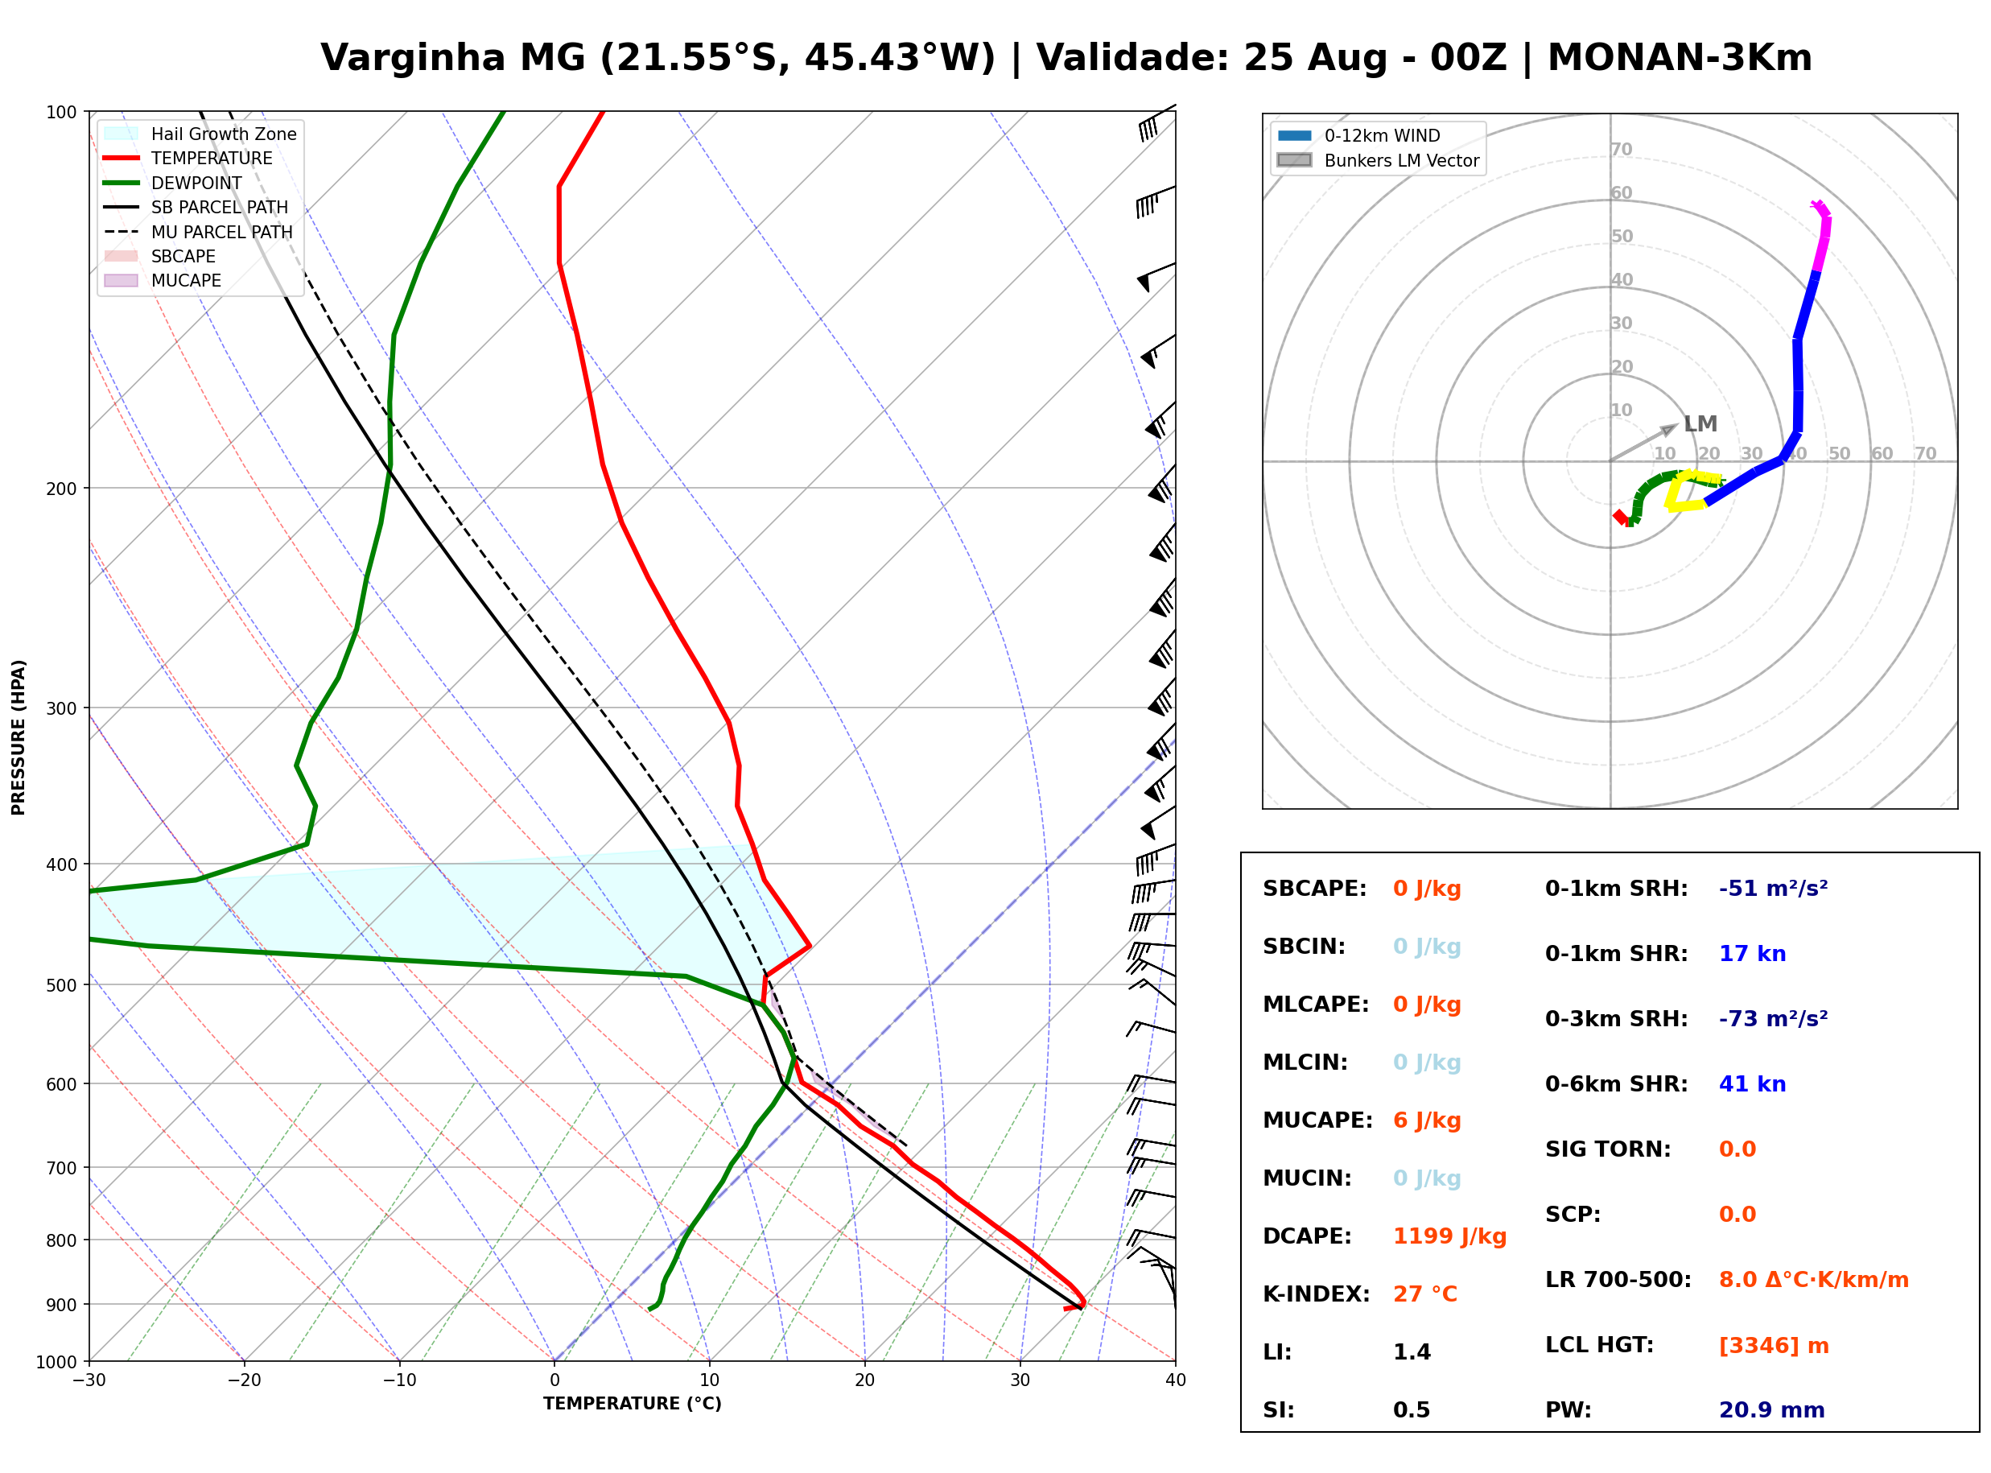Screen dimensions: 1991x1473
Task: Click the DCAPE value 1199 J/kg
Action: click(1449, 1236)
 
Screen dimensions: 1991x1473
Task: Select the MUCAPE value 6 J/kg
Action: click(1427, 1120)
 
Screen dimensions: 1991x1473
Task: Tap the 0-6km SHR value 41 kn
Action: click(1752, 1083)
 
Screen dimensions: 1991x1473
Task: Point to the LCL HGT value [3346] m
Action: click(1774, 1346)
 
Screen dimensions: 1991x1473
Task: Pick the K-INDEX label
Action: click(1317, 1294)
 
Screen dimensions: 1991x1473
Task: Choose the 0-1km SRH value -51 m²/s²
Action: click(1774, 888)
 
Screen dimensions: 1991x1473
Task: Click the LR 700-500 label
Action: click(1618, 1280)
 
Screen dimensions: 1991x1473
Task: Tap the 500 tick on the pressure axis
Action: click(61, 985)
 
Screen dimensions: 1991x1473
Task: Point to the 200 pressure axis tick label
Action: click(61, 489)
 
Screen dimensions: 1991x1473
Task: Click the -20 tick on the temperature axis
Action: click(244, 1380)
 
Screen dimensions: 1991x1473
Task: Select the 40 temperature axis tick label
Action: click(1176, 1380)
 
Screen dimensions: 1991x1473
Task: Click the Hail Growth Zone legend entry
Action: click(200, 134)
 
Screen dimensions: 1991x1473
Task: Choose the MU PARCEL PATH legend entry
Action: click(198, 232)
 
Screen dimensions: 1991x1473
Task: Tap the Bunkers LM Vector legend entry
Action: click(1379, 160)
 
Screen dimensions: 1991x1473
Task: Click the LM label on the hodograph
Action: click(1700, 423)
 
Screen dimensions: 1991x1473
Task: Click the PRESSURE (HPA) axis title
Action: click(19, 736)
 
